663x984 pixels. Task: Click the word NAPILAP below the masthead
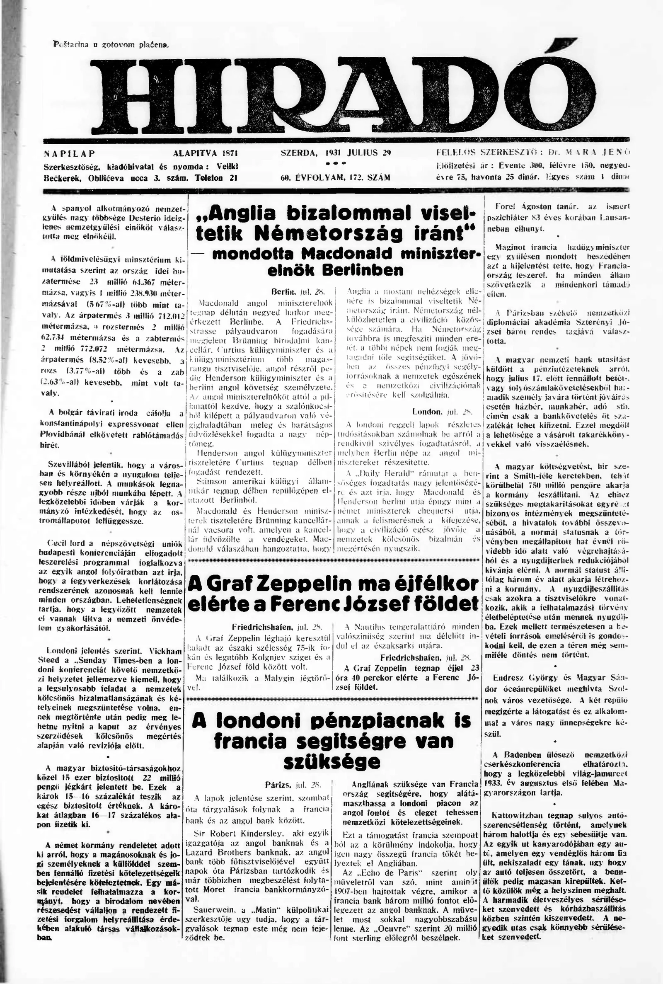click(x=69, y=153)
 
